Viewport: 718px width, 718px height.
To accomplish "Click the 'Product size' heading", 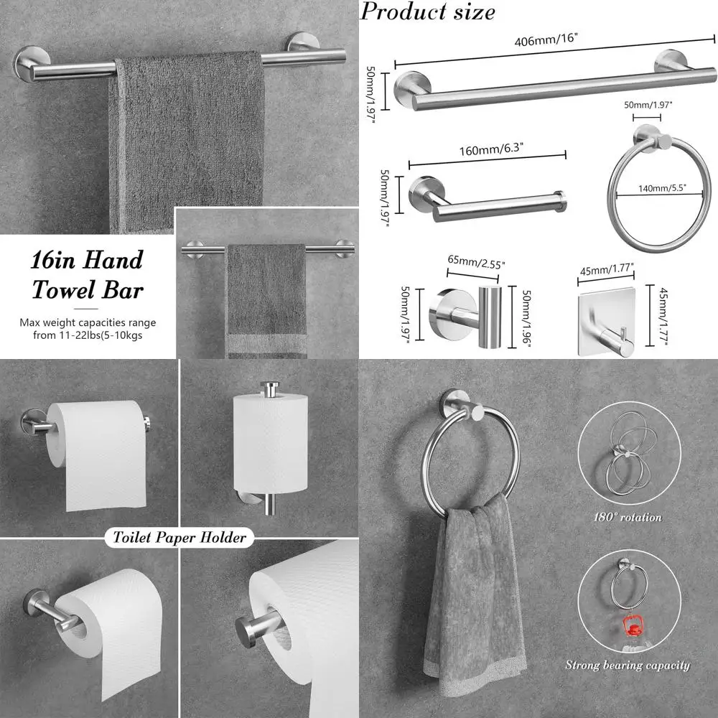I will [428, 11].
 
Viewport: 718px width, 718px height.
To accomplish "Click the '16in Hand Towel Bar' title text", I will [87, 275].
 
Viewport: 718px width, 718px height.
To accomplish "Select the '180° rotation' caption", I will [627, 517].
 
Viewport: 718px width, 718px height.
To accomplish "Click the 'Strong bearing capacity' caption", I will [627, 665].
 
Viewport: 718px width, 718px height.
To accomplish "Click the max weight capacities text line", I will [87, 330].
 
